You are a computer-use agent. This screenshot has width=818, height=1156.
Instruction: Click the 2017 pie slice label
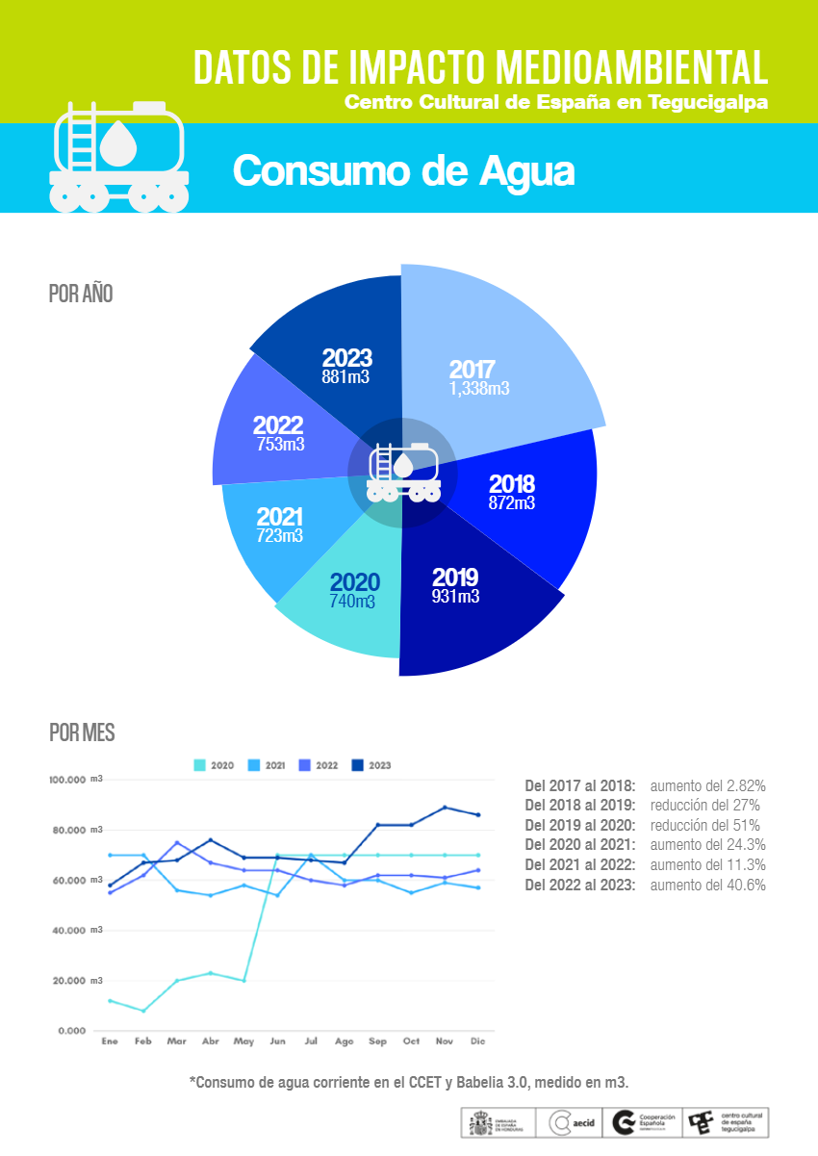pos(473,370)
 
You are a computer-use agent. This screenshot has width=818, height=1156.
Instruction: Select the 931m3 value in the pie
pos(455,597)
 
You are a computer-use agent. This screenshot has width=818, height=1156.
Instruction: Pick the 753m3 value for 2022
pos(281,445)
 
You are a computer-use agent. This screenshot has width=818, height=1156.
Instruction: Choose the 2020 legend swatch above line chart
pos(200,765)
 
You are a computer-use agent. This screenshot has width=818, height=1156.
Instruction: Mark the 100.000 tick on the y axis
pos(72,779)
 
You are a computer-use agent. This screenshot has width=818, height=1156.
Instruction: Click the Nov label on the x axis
pos(444,1041)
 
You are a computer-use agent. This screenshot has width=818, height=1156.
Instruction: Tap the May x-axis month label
pos(243,1041)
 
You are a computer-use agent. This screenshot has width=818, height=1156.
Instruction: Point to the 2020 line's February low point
pos(143,1011)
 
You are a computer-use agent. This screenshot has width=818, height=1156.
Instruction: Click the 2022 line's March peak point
pos(177,843)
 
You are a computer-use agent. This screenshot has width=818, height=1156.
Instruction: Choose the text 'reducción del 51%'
pos(705,825)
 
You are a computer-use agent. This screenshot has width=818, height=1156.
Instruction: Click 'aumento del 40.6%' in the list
pos(708,886)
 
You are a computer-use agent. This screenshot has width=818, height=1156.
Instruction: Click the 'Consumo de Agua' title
pos(403,171)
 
